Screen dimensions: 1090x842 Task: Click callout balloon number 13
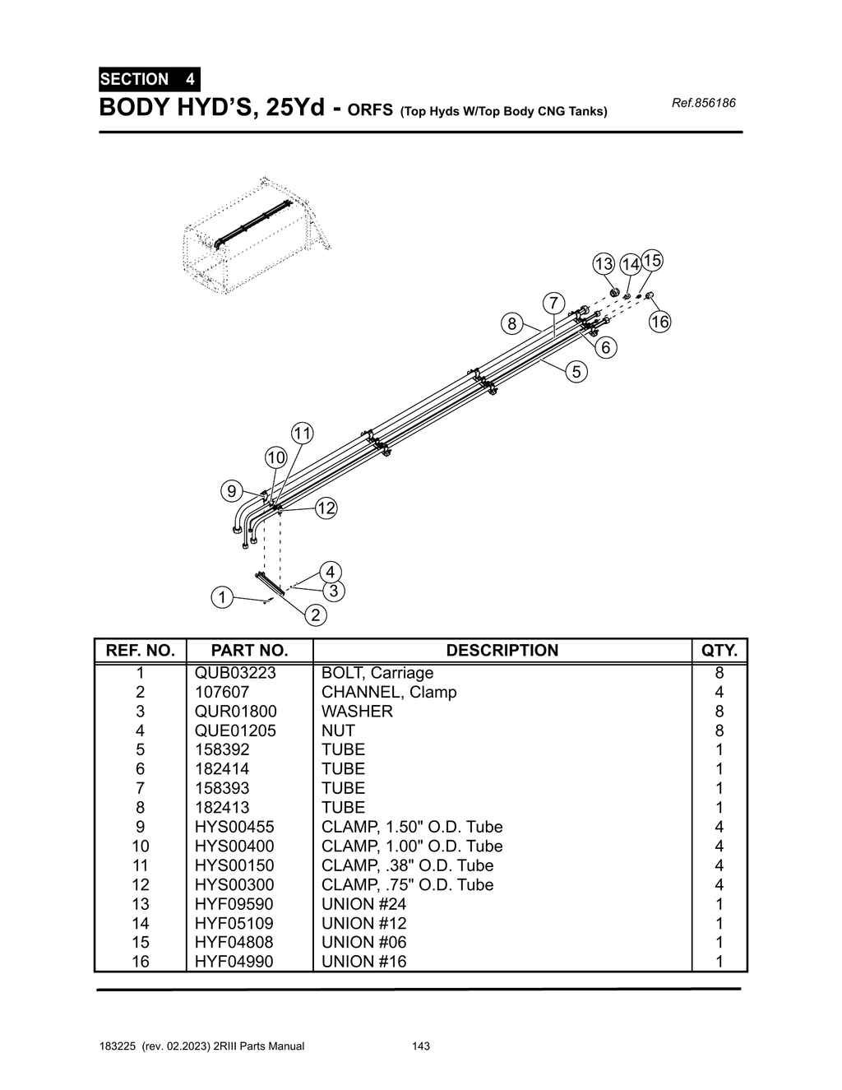604,264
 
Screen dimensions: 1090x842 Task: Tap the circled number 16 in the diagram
659,322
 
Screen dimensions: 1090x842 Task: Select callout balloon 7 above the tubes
553,303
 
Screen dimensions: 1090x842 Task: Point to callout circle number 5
576,372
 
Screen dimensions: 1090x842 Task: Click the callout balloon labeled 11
303,434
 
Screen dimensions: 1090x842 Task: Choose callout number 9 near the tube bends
232,492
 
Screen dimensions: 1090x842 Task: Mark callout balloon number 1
221,597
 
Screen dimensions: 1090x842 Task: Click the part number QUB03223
235,673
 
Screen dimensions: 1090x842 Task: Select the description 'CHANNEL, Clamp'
389,692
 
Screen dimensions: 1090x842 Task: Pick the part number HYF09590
234,904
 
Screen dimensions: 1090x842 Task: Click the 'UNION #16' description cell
364,962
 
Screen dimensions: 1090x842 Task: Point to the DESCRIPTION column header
502,651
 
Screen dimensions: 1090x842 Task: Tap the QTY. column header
719,651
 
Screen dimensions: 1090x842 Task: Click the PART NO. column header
249,651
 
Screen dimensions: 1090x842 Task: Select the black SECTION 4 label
149,80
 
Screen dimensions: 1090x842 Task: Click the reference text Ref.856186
703,103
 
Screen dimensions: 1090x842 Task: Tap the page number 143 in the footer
421,1046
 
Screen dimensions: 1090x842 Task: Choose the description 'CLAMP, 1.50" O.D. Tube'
412,827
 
